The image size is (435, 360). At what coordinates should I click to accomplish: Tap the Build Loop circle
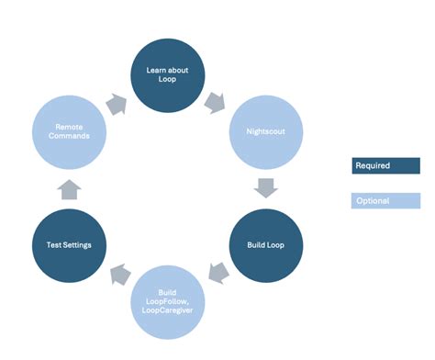click(x=264, y=245)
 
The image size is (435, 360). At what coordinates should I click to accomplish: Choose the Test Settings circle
click(x=69, y=245)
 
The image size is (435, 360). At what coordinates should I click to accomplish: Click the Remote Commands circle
click(x=69, y=132)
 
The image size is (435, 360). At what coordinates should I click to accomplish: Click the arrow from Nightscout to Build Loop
click(x=265, y=189)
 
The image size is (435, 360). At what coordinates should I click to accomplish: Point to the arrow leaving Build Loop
click(x=217, y=273)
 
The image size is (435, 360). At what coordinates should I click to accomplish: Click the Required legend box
click(x=385, y=166)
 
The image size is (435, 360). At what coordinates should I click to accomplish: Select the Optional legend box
click(x=385, y=200)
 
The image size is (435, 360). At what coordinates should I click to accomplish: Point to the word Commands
click(x=69, y=137)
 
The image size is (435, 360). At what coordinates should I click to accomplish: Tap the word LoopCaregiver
click(x=167, y=309)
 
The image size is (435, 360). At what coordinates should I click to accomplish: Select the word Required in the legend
click(x=373, y=166)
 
